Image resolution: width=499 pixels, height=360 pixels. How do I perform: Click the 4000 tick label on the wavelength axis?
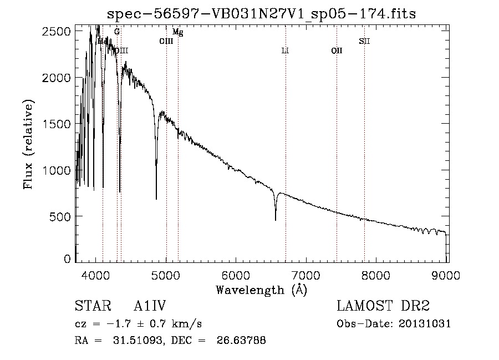[x=96, y=274]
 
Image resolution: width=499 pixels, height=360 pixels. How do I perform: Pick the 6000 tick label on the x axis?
[x=236, y=274]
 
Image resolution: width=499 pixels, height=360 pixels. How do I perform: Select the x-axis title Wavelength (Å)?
[x=261, y=290]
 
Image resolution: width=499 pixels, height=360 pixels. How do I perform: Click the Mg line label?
[x=178, y=33]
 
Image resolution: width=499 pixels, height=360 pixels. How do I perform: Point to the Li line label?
[x=285, y=50]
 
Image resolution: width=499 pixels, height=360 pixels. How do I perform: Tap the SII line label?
[x=364, y=41]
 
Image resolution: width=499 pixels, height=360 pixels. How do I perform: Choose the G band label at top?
[x=117, y=32]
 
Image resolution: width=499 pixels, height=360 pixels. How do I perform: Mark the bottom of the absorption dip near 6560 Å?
[x=276, y=220]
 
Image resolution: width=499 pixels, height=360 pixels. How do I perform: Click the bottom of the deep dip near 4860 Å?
[x=156, y=198]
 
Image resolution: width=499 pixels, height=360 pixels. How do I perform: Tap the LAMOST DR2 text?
[x=383, y=306]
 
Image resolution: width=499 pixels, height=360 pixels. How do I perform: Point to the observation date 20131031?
[x=425, y=324]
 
